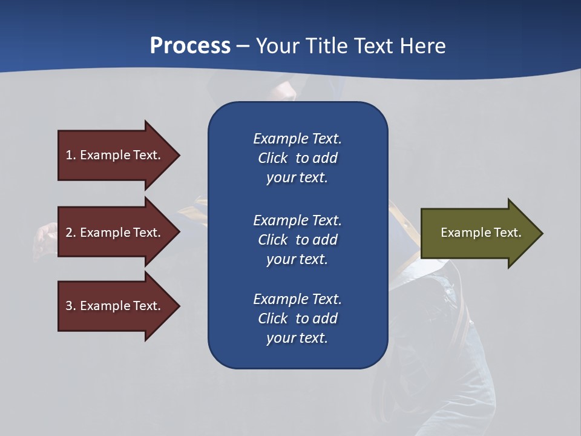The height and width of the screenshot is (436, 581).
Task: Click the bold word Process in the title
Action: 190,46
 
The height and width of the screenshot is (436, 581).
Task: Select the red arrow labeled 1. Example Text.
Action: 115,155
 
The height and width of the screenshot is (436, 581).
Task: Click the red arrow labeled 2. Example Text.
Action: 115,233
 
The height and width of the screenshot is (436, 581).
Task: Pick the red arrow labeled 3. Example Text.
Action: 115,306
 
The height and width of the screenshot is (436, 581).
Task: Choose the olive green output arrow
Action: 478,233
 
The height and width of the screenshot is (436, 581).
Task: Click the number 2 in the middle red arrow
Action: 69,233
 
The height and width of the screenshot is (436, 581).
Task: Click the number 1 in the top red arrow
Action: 69,155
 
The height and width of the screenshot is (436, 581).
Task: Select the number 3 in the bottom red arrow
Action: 69,306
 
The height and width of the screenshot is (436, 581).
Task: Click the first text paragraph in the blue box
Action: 297,158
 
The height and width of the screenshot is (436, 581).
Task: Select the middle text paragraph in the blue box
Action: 297,240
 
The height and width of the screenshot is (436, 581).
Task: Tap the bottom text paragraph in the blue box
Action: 297,319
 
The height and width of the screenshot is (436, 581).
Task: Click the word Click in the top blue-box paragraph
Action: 272,158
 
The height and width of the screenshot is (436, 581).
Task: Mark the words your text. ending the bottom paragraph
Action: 297,338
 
